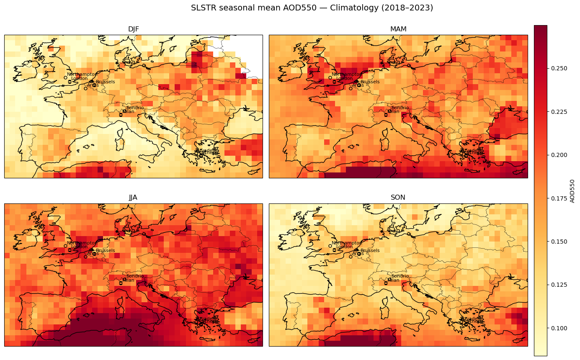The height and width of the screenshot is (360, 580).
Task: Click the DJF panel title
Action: (x=134, y=29)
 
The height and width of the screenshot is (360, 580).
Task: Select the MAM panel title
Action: (x=398, y=29)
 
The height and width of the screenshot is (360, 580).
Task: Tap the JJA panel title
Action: (x=133, y=198)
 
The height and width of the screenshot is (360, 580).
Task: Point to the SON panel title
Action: (x=398, y=198)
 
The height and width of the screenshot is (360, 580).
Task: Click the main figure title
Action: (x=312, y=8)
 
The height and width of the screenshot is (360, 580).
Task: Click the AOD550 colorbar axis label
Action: (x=572, y=191)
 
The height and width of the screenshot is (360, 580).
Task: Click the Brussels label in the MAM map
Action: (x=370, y=82)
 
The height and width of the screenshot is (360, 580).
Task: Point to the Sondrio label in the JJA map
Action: (x=135, y=276)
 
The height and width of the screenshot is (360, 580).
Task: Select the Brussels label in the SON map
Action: (x=370, y=250)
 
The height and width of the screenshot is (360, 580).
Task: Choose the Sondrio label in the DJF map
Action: (x=135, y=108)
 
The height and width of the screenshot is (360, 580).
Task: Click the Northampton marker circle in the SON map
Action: (x=330, y=246)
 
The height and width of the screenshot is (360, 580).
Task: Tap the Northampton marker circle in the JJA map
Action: (x=65, y=246)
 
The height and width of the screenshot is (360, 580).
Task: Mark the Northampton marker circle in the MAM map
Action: (x=330, y=77)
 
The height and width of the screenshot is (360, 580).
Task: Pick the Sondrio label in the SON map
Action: (x=400, y=276)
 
